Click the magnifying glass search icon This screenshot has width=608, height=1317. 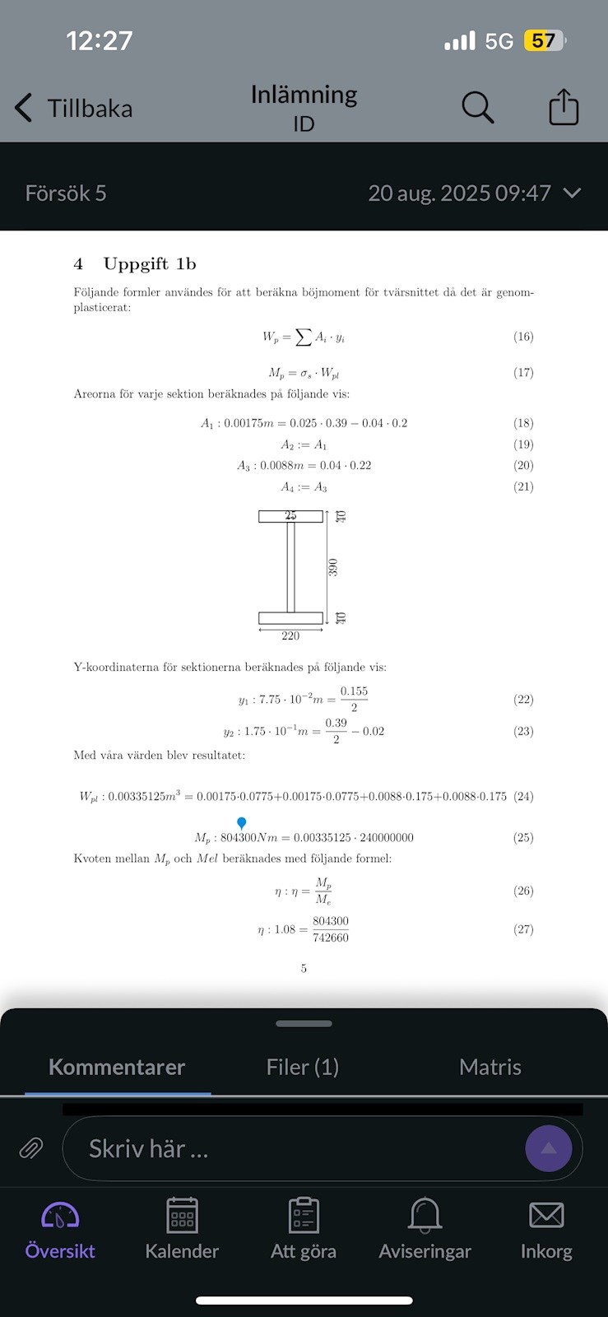point(477,107)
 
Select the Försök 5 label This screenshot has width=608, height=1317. point(66,193)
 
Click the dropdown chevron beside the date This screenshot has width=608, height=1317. point(572,193)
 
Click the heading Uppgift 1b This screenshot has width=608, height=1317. point(149,264)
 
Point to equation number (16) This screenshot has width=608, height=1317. point(523,337)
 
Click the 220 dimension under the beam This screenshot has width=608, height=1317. point(290,636)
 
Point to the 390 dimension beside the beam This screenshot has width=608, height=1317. point(333,567)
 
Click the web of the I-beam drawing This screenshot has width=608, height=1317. point(290,567)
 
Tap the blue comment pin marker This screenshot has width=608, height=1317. point(242,823)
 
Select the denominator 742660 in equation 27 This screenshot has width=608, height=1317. point(331,938)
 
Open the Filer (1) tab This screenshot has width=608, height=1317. point(303,1068)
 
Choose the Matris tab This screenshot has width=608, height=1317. point(490,1068)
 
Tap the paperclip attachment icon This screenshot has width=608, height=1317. point(31,1147)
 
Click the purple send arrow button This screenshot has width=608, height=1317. point(549,1147)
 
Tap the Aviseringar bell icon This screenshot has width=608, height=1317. point(425,1216)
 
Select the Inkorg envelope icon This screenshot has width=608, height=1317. point(546,1216)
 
